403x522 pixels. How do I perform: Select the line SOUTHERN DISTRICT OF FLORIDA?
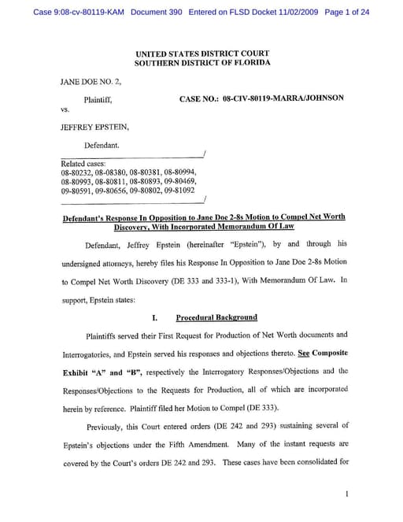pos(201,62)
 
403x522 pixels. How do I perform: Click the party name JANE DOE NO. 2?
pos(91,81)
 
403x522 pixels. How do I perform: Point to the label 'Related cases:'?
pos(83,163)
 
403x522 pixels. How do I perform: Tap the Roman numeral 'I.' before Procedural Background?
pos(155,317)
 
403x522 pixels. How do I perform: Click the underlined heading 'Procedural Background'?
pos(216,317)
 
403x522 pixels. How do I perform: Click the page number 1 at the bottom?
pos(346,494)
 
